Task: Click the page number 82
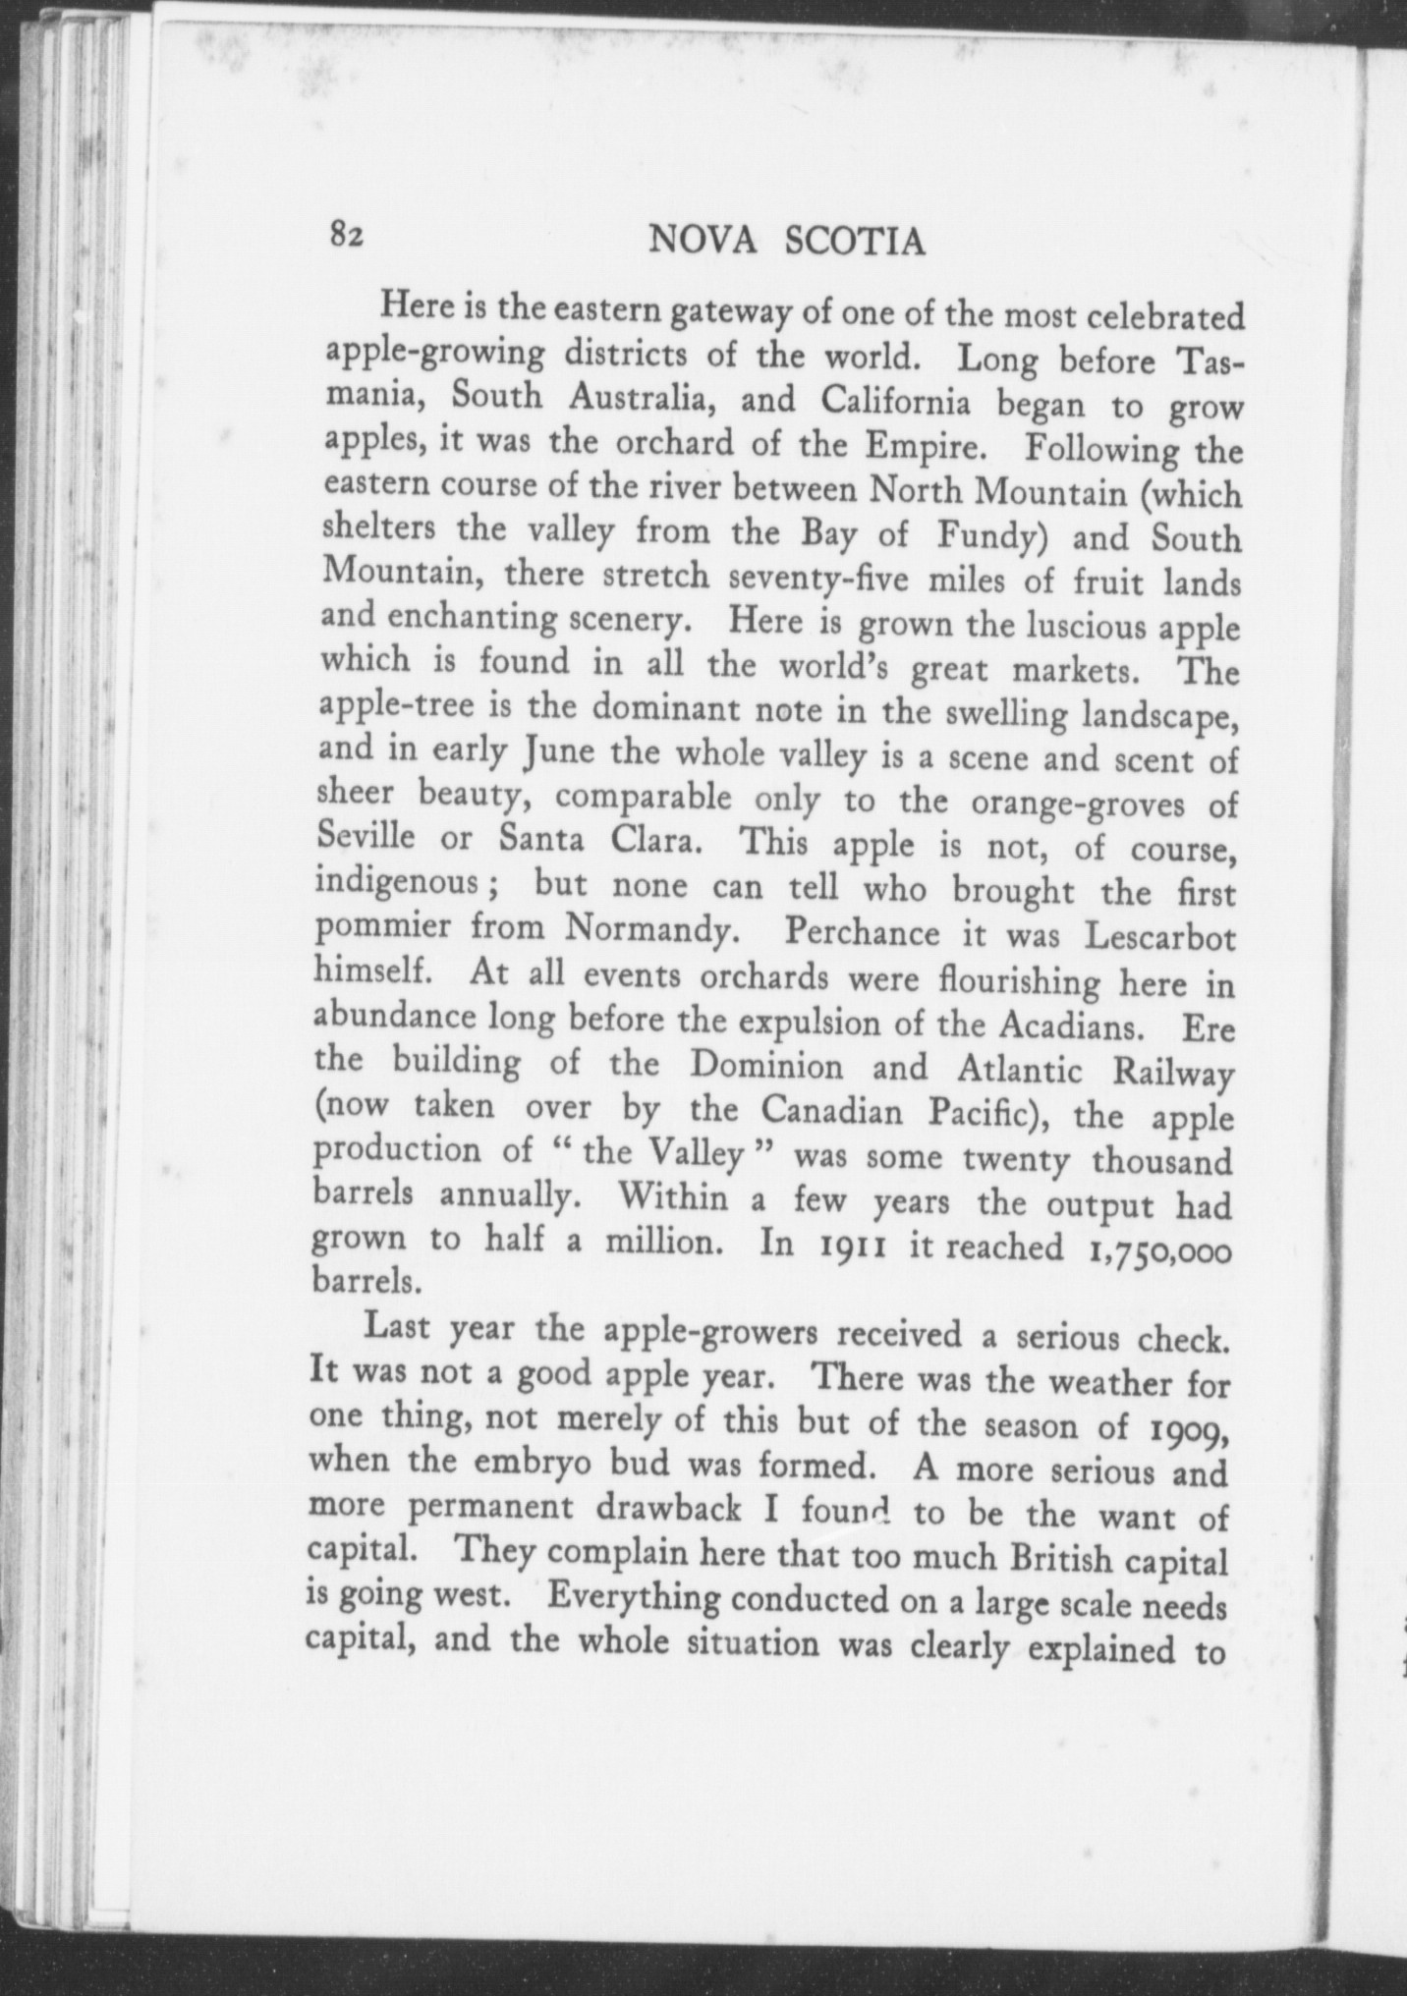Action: coord(347,236)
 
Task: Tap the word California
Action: coord(897,403)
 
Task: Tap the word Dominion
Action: coord(765,1067)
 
